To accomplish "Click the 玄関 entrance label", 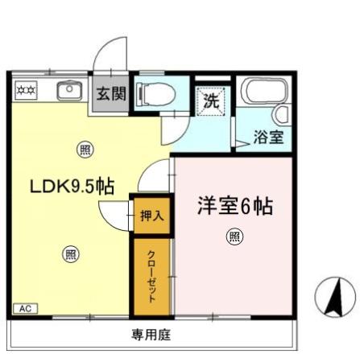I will [x=111, y=93].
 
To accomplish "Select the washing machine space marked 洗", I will [x=211, y=102].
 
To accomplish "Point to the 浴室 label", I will [x=268, y=137].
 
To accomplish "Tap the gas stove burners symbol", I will [x=24, y=89].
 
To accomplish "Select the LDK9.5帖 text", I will [x=71, y=187].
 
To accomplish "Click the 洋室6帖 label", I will [x=235, y=206].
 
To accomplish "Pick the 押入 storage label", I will [x=151, y=216].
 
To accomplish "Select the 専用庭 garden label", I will [x=152, y=335].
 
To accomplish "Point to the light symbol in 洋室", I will [x=234, y=236].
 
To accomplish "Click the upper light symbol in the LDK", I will [x=85, y=149].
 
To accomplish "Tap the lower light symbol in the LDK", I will [x=70, y=254].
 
